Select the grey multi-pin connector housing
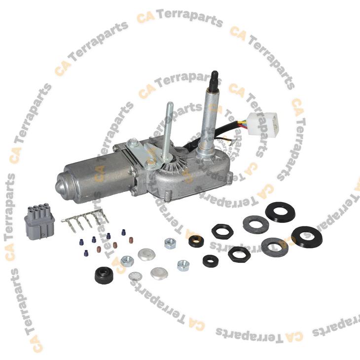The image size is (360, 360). (39, 221)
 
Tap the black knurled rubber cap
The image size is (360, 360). (104, 275)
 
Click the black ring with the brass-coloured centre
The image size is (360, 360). (196, 241)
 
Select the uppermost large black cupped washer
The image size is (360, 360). (280, 211)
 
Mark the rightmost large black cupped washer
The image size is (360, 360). (306, 237)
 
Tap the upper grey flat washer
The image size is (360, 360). (256, 224)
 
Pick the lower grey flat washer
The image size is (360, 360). (275, 247)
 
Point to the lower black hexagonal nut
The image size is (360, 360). (240, 254)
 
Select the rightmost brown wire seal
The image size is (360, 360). (131, 240)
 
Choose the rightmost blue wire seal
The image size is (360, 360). (124, 232)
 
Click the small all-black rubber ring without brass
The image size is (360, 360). (211, 261)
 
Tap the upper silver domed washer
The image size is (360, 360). (146, 254)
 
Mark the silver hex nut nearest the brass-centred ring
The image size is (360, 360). (170, 244)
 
